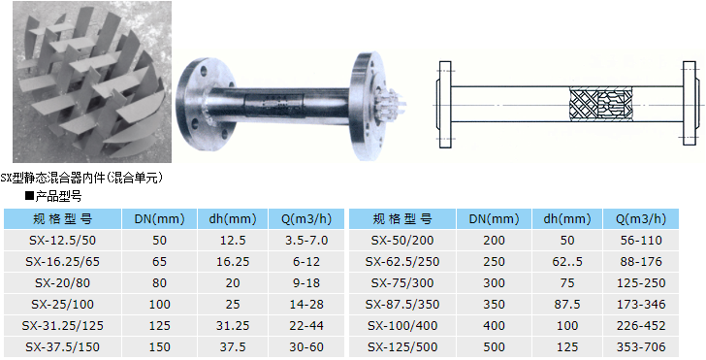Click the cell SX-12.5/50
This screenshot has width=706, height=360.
[63, 240]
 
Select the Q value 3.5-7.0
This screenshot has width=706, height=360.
[306, 240]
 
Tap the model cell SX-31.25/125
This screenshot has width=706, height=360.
[63, 325]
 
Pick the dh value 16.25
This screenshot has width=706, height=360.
[233, 261]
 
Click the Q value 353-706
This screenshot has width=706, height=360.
[641, 347]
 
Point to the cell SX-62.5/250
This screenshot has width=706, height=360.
[402, 261]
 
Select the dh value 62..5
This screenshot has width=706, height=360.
[567, 261]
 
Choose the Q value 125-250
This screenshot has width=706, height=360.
[641, 283]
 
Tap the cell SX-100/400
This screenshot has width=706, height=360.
[402, 325]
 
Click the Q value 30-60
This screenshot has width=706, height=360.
[306, 347]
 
